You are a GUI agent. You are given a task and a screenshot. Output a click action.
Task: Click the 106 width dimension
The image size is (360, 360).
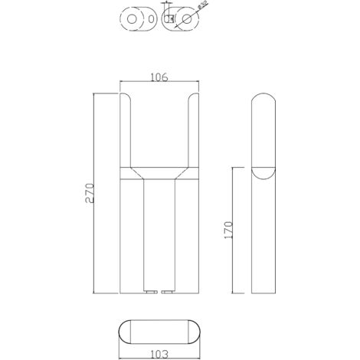(159, 77)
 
